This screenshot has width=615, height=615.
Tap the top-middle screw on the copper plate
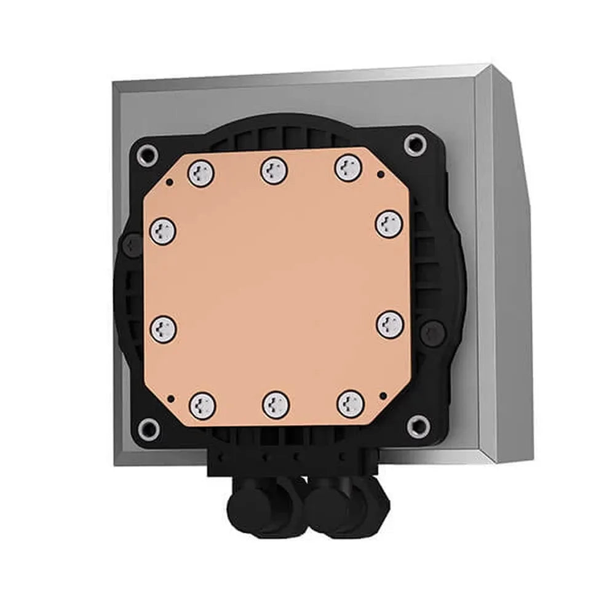point(274,170)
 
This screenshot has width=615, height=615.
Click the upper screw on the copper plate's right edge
point(389,223)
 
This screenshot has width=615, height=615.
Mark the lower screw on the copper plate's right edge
point(390,323)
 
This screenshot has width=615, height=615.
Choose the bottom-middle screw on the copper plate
point(275,405)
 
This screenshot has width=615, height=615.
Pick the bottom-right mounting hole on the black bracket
point(418,423)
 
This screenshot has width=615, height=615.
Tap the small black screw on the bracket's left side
point(129,245)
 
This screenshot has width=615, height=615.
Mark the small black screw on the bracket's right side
point(430,332)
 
